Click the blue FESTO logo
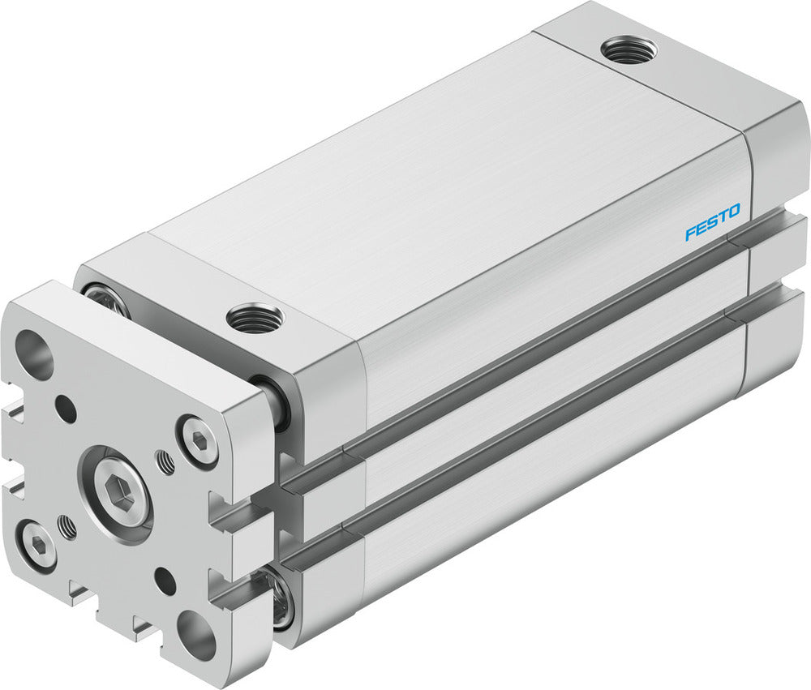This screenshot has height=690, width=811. pyautogui.click(x=712, y=223)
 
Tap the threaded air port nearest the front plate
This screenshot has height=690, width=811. pyautogui.click(x=255, y=317)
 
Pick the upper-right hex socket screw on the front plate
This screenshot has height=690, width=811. pyautogui.click(x=198, y=442)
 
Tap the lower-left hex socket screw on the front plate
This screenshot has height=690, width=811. pyautogui.click(x=38, y=543)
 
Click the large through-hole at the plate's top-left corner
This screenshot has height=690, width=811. pyautogui.click(x=33, y=355)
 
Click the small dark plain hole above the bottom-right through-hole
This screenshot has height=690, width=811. pyautogui.click(x=165, y=581)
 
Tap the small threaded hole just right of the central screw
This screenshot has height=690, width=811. pyautogui.click(x=165, y=463)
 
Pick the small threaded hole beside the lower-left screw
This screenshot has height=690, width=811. pyautogui.click(x=69, y=528)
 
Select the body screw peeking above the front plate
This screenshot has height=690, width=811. pyautogui.click(x=105, y=298)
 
